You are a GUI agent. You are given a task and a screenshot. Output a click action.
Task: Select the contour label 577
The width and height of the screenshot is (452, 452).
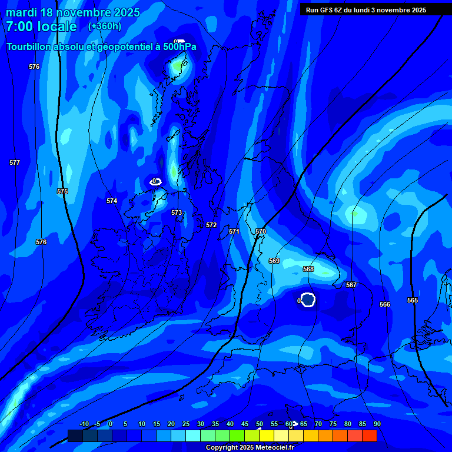[15, 162]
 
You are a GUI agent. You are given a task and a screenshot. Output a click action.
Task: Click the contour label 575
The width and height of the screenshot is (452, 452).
[62, 191]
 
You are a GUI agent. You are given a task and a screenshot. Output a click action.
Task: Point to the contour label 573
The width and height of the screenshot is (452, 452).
[177, 212]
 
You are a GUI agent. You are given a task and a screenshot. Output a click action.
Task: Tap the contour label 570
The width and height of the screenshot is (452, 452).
[261, 231]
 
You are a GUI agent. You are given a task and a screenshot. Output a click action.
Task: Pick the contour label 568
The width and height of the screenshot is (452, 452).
[308, 269]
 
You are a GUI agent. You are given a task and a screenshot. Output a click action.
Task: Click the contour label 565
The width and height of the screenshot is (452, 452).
[413, 300]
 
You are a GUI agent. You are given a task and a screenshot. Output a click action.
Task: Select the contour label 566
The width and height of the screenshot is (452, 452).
[385, 304]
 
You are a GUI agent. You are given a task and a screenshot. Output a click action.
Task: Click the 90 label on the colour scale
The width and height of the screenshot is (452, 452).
[377, 424]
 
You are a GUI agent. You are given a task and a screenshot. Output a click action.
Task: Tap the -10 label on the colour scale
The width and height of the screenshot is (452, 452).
[84, 424]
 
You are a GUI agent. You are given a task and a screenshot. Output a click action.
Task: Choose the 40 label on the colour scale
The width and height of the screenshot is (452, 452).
[230, 424]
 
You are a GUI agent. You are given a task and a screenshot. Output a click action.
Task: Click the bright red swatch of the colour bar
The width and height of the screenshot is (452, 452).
[369, 436]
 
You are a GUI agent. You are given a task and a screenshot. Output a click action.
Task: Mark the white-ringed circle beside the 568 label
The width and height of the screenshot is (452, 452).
[308, 300]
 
